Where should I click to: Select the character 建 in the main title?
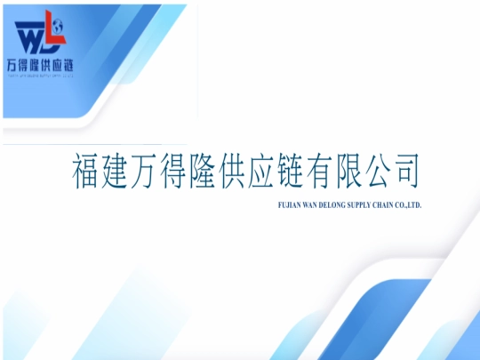pos(125,171)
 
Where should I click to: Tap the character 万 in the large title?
pos(162,171)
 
